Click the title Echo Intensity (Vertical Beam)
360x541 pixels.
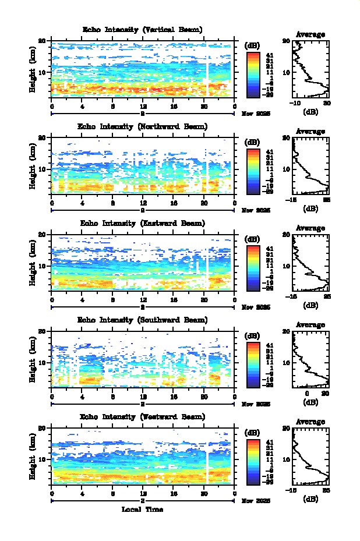tap(143, 30)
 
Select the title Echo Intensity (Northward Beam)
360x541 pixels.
tap(143, 126)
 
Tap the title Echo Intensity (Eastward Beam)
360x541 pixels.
tap(143, 223)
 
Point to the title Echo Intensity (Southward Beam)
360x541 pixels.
tap(143, 320)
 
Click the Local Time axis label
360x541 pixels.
tap(142, 510)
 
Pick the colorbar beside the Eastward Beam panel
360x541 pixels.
tap(253, 267)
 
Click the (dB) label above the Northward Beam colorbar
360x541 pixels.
tap(253, 142)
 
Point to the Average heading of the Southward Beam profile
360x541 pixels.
tap(310, 324)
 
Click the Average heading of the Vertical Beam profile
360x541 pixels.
tap(310, 34)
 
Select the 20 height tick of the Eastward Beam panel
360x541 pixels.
tap(42, 234)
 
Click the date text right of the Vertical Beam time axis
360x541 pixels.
tap(256, 115)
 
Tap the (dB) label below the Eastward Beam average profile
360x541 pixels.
tap(310, 305)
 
